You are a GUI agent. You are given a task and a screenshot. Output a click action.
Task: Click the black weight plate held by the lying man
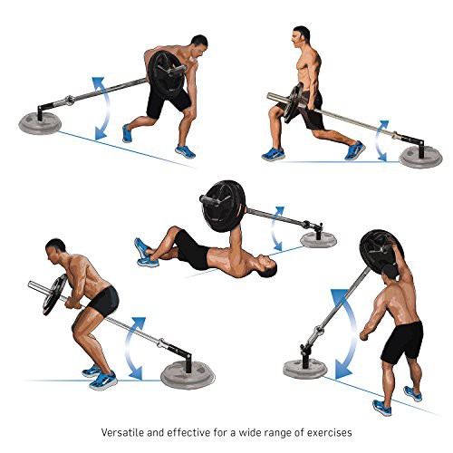tap(223, 206)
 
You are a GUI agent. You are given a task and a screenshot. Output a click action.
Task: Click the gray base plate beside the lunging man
tap(420, 158)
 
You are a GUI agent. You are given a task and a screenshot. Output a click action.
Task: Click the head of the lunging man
tap(301, 36)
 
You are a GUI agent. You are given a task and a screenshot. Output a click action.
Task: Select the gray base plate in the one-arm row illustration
tap(40, 123)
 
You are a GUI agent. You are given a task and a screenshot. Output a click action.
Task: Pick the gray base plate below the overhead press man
tap(304, 368)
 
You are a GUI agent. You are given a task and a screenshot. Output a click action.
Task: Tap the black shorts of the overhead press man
tap(402, 341)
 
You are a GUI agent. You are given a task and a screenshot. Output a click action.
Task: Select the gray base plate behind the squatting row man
tap(188, 377)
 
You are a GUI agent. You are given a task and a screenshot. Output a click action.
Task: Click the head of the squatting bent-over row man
tap(56, 251)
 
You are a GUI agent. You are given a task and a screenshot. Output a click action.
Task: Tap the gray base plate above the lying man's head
tap(318, 240)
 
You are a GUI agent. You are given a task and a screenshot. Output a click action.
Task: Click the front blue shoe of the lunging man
tap(274, 154)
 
